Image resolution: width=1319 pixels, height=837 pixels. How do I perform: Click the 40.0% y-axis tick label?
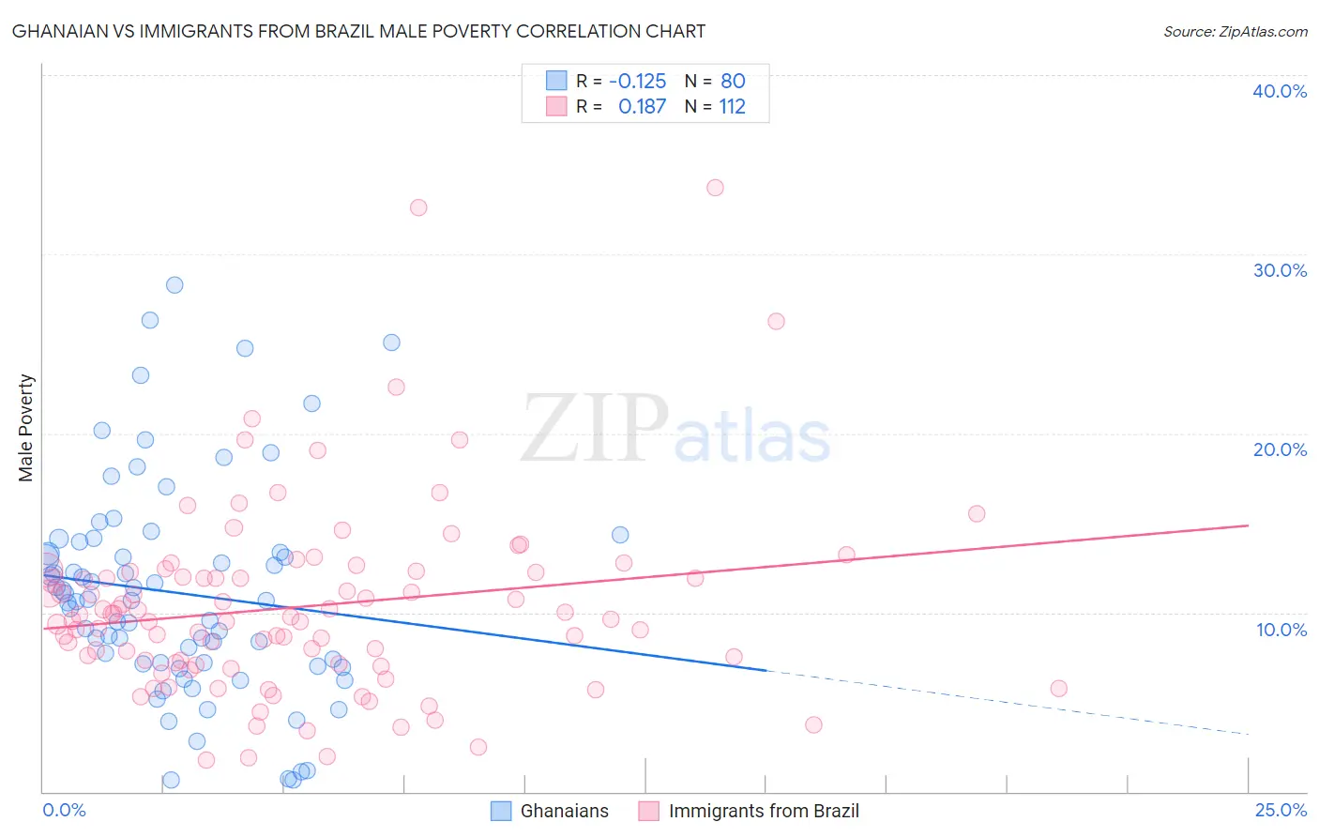pyautogui.click(x=1279, y=91)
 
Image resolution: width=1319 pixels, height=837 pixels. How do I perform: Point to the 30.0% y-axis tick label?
pyautogui.click(x=1279, y=270)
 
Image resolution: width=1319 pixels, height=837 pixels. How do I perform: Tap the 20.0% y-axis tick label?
pyautogui.click(x=1279, y=449)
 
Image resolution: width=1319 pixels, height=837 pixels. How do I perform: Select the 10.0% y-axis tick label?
pyautogui.click(x=1281, y=630)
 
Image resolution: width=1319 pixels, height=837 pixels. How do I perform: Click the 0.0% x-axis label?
pyautogui.click(x=64, y=810)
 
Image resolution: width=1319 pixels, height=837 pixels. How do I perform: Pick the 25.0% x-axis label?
pyautogui.click(x=1281, y=810)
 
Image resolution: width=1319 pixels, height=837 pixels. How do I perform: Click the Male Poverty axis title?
pyautogui.click(x=26, y=428)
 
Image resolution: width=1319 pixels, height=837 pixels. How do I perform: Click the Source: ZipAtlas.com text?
pyautogui.click(x=1235, y=31)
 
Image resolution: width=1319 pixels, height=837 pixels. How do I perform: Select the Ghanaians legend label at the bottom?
pyautogui.click(x=564, y=811)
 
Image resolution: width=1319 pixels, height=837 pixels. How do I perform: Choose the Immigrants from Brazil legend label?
pyautogui.click(x=763, y=811)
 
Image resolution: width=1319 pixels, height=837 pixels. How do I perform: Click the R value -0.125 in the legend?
pyautogui.click(x=637, y=81)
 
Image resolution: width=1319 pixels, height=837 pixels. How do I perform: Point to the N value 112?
pyautogui.click(x=732, y=106)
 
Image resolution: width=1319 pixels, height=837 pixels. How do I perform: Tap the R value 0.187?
pyautogui.click(x=642, y=106)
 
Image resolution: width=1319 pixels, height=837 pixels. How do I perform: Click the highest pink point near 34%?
pyautogui.click(x=715, y=188)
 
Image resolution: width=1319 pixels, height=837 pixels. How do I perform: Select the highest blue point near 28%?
pyautogui.click(x=174, y=285)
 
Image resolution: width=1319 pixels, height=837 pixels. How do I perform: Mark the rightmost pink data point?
pyautogui.click(x=1058, y=689)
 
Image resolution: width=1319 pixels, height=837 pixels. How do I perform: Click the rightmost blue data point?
pyautogui.click(x=620, y=535)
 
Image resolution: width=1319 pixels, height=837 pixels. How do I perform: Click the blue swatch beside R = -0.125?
pyautogui.click(x=556, y=81)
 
